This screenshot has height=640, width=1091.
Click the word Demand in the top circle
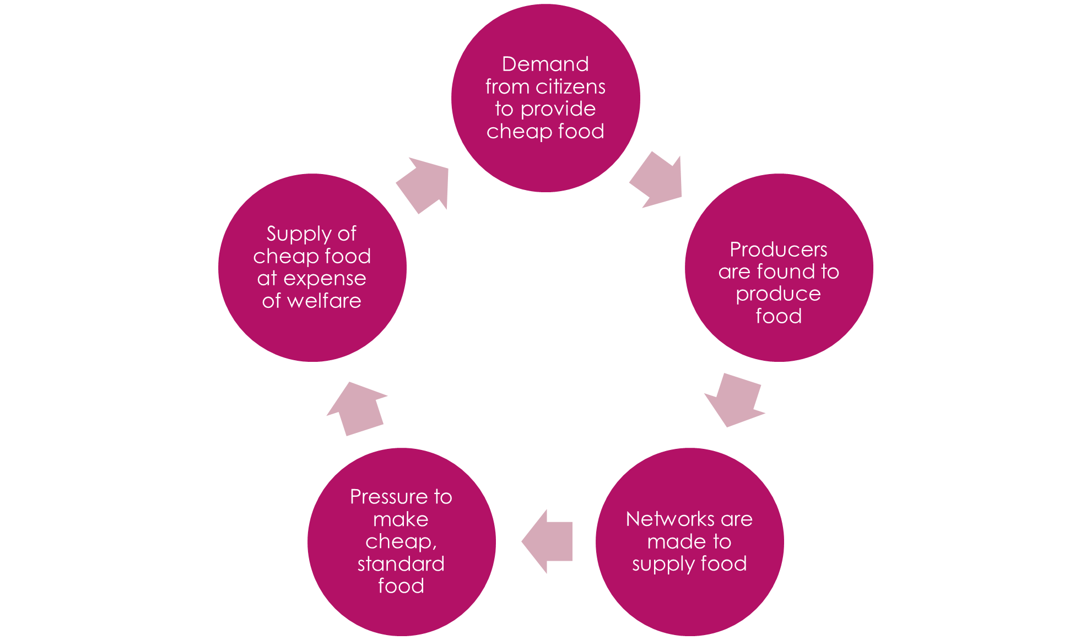pyautogui.click(x=545, y=64)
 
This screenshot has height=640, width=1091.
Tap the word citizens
pyautogui.click(x=570, y=87)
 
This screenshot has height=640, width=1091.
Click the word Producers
pyautogui.click(x=778, y=250)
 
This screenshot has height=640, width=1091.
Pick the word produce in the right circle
pyautogui.click(x=778, y=294)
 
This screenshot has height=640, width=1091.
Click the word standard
pyautogui.click(x=401, y=564)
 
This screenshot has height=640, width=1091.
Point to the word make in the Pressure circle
pyautogui.click(x=401, y=519)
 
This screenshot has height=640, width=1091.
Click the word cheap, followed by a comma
pyautogui.click(x=401, y=542)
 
